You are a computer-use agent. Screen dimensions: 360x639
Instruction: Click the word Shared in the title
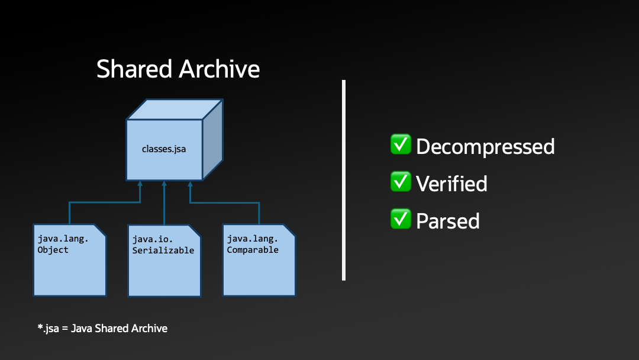click(x=134, y=69)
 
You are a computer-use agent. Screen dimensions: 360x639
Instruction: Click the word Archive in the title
click(x=220, y=69)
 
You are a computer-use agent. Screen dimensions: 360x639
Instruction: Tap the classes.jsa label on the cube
click(x=164, y=149)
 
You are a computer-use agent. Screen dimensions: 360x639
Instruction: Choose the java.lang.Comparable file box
click(x=259, y=266)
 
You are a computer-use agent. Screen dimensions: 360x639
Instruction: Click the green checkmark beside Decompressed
click(x=401, y=144)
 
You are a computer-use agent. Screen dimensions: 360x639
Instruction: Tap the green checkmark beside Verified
click(x=401, y=182)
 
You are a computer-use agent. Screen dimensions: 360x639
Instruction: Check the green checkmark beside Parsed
click(x=401, y=219)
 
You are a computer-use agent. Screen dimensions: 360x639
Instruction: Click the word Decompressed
click(x=485, y=146)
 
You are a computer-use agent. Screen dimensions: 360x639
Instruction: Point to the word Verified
click(x=451, y=184)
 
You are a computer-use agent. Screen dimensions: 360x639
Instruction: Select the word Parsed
click(x=447, y=221)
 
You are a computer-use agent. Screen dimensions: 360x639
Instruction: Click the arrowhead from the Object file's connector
click(x=140, y=184)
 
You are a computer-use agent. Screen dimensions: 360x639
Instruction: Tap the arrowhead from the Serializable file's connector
click(x=164, y=184)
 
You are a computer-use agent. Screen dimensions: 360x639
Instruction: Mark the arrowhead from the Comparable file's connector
click(x=190, y=184)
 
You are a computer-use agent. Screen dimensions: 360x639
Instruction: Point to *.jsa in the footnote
click(x=48, y=328)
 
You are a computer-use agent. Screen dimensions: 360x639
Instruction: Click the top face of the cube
click(x=175, y=109)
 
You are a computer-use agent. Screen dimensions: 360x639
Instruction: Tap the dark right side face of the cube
click(x=212, y=140)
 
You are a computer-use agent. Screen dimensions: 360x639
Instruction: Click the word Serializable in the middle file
click(x=163, y=250)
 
